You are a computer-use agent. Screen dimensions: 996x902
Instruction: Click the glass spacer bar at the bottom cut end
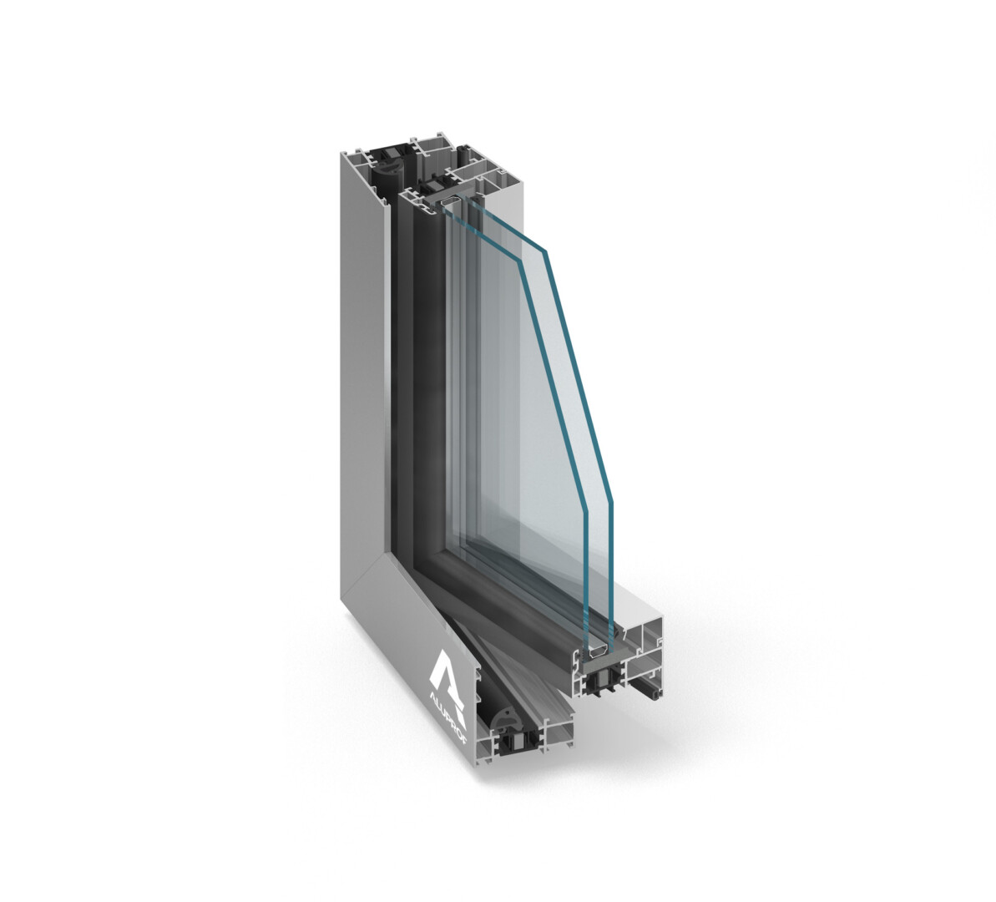pos(596,653)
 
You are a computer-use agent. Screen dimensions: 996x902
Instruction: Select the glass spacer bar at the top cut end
pos(449,201)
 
